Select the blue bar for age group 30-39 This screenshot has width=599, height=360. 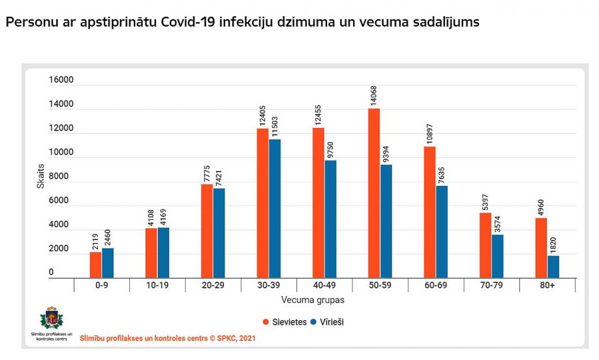275,209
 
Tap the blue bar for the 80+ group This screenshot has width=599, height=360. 553,266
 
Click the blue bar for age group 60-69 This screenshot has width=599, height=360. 442,232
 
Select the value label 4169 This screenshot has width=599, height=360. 164,214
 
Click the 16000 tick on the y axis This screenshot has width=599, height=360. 61,80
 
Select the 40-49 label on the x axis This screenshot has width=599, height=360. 324,286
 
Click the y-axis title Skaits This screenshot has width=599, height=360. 40,177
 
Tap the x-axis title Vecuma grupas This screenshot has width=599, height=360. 313,300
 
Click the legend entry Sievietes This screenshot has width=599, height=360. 284,322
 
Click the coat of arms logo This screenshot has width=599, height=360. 52,319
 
